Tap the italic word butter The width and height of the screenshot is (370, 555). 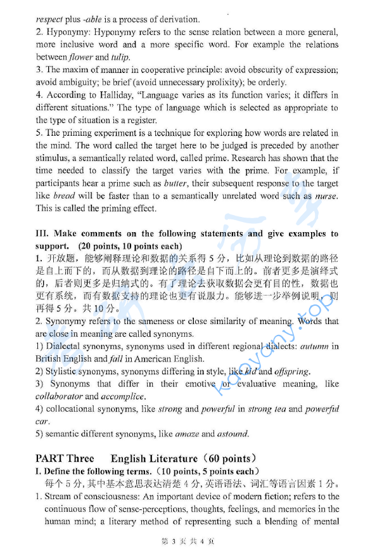pos(175,183)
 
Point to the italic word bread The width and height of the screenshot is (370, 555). pos(64,195)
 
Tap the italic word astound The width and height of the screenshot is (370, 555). pos(233,434)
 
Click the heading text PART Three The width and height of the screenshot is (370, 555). pos(65,459)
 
